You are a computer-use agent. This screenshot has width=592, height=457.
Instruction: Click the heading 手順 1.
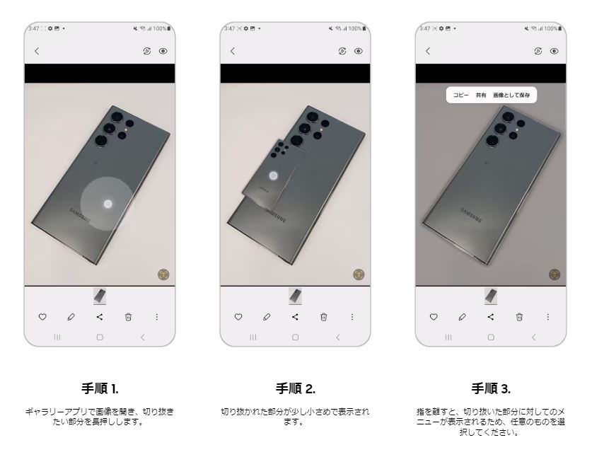coord(100,388)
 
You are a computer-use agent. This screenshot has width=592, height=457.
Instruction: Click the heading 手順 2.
coord(295,388)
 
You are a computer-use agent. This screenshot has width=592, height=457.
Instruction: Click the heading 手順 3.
coord(490,388)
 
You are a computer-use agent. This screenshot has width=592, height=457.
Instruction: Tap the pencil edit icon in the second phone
coord(265,317)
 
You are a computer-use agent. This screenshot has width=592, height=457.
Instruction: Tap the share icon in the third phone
coord(490,317)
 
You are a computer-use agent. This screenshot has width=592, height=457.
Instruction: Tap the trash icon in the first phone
coord(129,317)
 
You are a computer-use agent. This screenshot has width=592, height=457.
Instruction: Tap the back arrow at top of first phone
coord(37,52)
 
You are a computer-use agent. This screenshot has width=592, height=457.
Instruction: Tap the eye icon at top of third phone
coord(555,52)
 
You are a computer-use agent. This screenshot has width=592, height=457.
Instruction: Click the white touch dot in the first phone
coord(108,204)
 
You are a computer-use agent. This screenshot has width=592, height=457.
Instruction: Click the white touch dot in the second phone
coord(274,176)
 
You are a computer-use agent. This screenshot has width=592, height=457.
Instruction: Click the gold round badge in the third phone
coord(554,274)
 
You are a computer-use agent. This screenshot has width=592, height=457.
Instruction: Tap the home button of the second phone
coord(295,337)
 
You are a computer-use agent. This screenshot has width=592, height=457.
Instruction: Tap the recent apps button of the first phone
coord(57,337)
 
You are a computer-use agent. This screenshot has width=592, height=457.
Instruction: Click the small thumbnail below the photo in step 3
coord(490,295)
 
